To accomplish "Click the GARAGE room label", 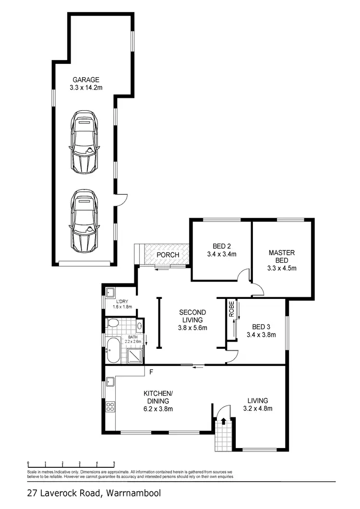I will [x=86, y=80].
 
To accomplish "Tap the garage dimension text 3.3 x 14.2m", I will [x=86, y=87].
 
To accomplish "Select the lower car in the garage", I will [x=84, y=220].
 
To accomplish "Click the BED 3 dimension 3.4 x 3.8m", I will [x=261, y=335].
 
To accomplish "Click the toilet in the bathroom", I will [x=113, y=323].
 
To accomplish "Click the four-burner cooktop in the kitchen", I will [x=110, y=407].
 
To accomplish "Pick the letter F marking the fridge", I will [x=151, y=372].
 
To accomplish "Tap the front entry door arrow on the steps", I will [x=223, y=422].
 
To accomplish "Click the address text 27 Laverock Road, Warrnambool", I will [x=94, y=493].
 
